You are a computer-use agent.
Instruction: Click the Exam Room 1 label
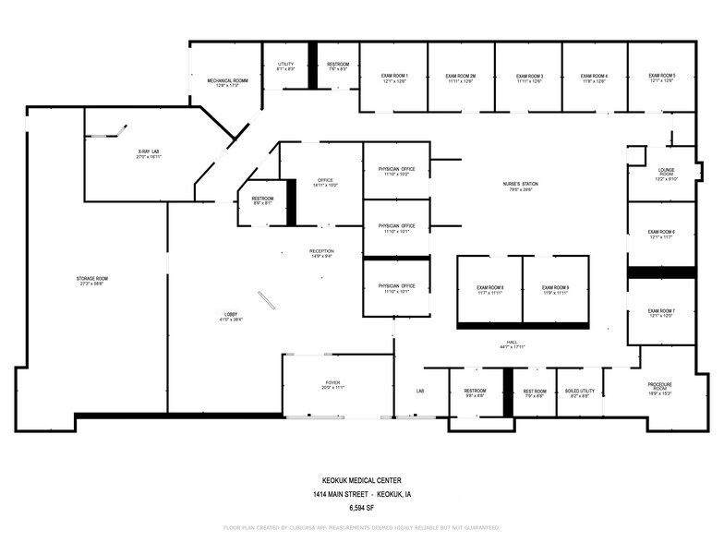(394, 76)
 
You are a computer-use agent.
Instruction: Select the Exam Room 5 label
(661, 76)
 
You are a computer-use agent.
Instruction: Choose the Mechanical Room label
(227, 80)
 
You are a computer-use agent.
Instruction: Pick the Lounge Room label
(666, 173)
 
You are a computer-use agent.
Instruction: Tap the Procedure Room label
(659, 386)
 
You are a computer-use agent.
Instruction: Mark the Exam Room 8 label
(489, 287)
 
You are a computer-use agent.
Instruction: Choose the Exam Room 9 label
(555, 287)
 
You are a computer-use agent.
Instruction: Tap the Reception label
(321, 251)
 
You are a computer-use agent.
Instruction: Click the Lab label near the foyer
(419, 391)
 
